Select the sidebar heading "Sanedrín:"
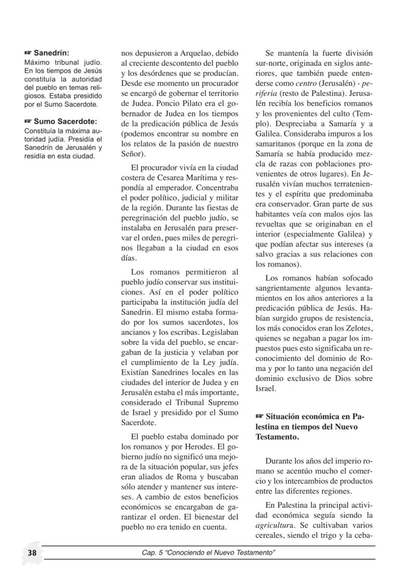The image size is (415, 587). pos(52,53)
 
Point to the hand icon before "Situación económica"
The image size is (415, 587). pos(259,416)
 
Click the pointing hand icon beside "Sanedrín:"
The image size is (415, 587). pos(28,53)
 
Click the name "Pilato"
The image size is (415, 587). pos(184,104)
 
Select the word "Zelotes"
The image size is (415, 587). pos(359,328)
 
